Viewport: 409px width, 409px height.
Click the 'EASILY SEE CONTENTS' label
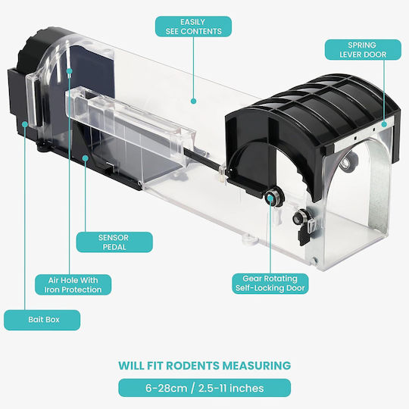tap(193, 27)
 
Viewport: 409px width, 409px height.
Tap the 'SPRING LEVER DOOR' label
tap(363, 49)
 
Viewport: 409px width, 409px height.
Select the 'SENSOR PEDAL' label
tap(114, 242)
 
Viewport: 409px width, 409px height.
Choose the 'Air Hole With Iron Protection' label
tap(73, 285)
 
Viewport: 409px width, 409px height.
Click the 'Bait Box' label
tap(42, 320)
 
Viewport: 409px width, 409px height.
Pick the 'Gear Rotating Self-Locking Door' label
tap(270, 283)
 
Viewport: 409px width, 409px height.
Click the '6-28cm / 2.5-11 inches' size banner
tap(204, 388)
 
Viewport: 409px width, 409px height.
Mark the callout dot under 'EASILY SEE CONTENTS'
tap(193, 101)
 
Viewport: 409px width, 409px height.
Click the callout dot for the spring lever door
tap(384, 124)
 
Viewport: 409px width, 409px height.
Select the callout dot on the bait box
tap(25, 124)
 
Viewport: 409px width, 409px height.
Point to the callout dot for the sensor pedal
tap(86, 158)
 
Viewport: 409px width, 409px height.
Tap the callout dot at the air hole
tap(70, 71)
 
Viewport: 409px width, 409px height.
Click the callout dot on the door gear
tap(270, 198)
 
